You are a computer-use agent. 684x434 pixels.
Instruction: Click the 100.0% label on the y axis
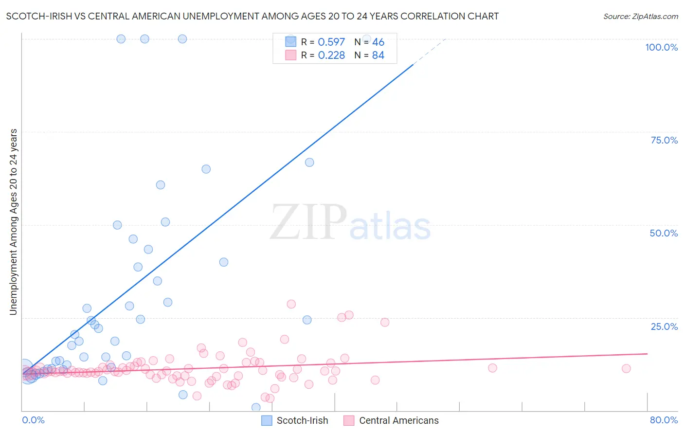[x=661, y=47]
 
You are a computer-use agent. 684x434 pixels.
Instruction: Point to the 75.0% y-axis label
[x=664, y=140]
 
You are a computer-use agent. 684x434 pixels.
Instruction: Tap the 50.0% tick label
[x=664, y=233]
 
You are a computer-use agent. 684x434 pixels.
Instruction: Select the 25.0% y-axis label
[x=664, y=326]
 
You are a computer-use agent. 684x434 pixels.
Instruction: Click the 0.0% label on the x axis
[x=33, y=420]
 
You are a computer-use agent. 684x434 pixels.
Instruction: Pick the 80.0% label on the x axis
[x=664, y=420]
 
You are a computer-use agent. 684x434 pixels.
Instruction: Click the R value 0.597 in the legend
[x=331, y=42]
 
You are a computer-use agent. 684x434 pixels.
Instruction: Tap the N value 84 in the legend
[x=378, y=55]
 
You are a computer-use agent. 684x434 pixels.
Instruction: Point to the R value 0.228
[x=331, y=55]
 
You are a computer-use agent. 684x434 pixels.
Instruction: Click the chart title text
[x=252, y=16]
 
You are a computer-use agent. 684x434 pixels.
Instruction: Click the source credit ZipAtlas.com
[x=640, y=16]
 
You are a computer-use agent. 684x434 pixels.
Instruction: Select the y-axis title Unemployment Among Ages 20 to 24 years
[x=13, y=222]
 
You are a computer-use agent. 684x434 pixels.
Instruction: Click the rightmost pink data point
[x=626, y=368]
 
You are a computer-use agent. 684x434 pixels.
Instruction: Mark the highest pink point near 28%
[x=291, y=304]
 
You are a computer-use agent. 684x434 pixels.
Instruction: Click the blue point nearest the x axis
[x=256, y=408]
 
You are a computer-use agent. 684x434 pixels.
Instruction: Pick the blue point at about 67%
[x=309, y=163]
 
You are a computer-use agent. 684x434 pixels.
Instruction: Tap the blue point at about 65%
[x=206, y=169]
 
